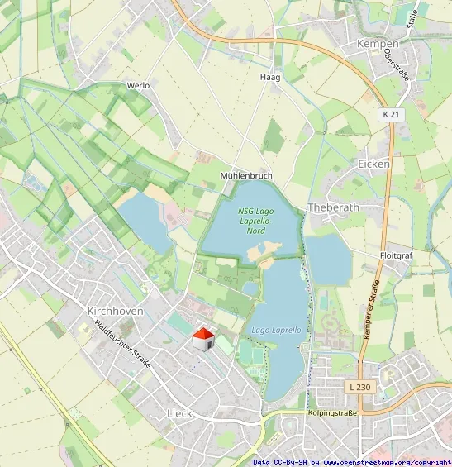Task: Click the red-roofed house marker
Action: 203,339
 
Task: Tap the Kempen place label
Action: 378,43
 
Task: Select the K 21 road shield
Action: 393,114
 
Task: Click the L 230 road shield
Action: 359,387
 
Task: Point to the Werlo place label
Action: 138,85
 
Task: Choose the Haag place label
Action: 270,77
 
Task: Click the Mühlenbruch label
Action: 246,177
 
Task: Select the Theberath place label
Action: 335,207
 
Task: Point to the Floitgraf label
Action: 396,256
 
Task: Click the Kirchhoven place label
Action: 115,311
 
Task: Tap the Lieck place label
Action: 179,412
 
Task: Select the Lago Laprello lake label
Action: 276,330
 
